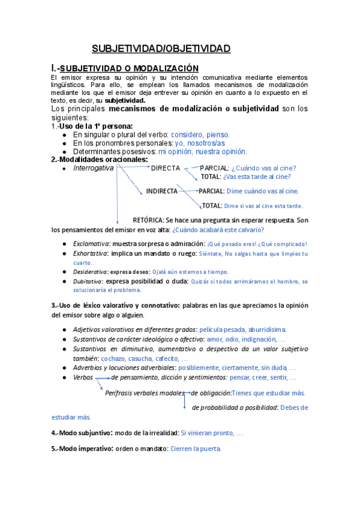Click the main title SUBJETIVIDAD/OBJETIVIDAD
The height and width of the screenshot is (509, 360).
point(160,49)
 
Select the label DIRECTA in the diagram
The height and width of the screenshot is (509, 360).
point(165,168)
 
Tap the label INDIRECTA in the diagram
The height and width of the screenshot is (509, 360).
point(162,191)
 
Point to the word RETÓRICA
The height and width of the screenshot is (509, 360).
point(148,220)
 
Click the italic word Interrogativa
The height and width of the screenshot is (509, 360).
point(93,168)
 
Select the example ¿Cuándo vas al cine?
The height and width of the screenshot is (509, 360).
point(263,168)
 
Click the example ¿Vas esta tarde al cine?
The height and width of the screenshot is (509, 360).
point(257,177)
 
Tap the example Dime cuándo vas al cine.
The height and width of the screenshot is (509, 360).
point(262,191)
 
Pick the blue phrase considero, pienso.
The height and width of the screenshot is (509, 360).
point(200,135)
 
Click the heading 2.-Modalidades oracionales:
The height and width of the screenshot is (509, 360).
point(100,160)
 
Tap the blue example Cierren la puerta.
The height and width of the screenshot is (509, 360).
point(196,448)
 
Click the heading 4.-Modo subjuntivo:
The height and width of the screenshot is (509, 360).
point(83,432)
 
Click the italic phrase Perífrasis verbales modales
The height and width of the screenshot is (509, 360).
point(143,393)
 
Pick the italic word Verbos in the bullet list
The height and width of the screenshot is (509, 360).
point(83,378)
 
